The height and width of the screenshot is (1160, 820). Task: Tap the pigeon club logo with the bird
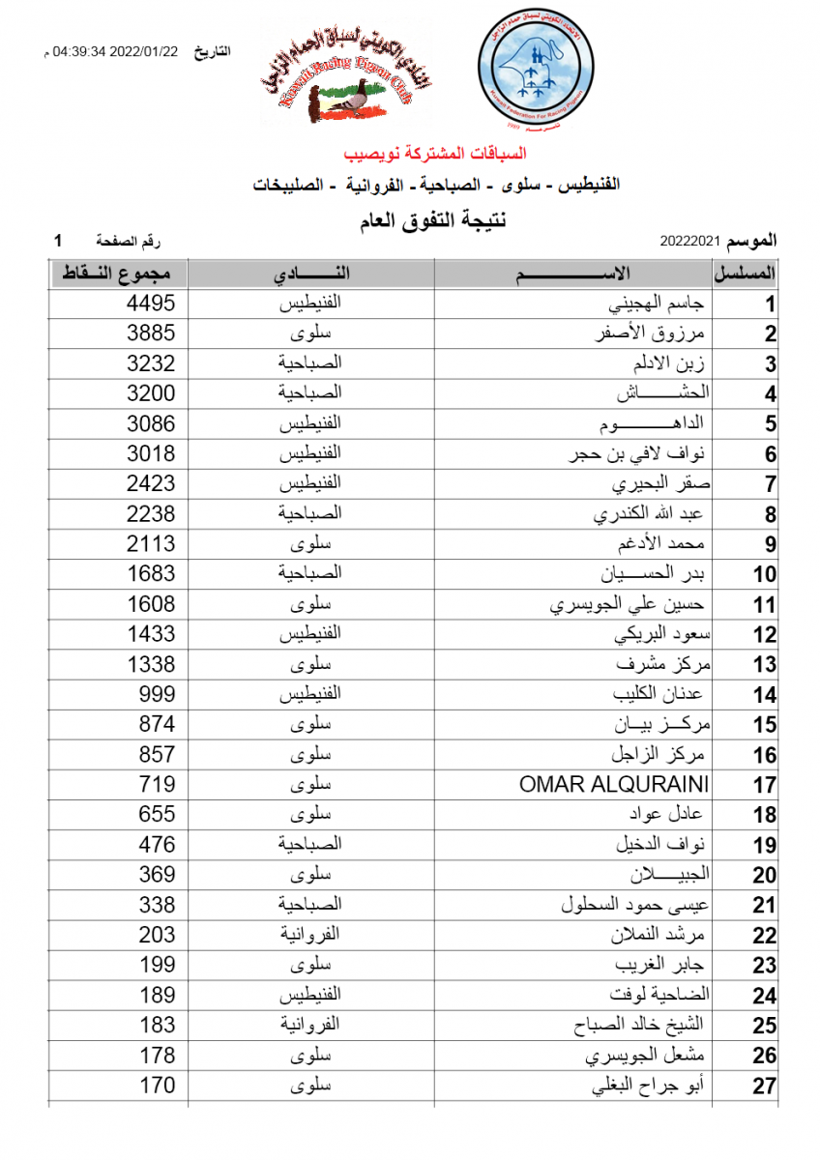coord(346,75)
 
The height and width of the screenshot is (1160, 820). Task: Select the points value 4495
coord(151,304)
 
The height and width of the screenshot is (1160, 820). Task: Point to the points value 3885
coord(151,333)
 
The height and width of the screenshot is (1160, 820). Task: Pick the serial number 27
coord(765,1087)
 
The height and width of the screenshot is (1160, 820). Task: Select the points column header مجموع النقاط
coord(117,274)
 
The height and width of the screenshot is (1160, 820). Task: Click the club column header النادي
coord(310,274)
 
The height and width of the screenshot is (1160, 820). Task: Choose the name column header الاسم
coord(572,274)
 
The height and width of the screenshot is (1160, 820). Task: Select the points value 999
coord(156,694)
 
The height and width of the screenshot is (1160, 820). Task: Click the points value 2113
coord(151,544)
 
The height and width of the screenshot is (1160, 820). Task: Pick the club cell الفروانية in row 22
coord(310,935)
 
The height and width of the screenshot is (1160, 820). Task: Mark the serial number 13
coord(765,665)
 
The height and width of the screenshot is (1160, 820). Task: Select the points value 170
coord(156,1085)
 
